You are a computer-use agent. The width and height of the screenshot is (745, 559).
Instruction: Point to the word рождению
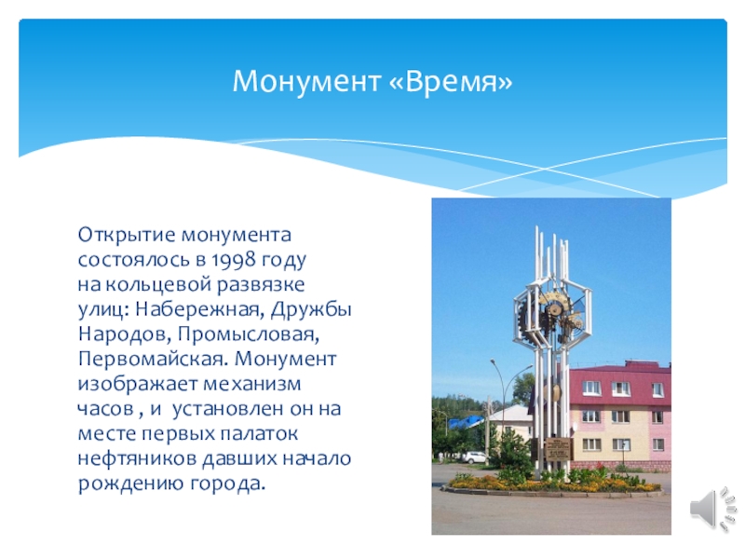[x=120, y=484]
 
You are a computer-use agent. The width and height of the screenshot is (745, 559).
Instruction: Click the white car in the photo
[x=474, y=457]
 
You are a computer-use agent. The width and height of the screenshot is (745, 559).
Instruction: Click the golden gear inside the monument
[x=555, y=307]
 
